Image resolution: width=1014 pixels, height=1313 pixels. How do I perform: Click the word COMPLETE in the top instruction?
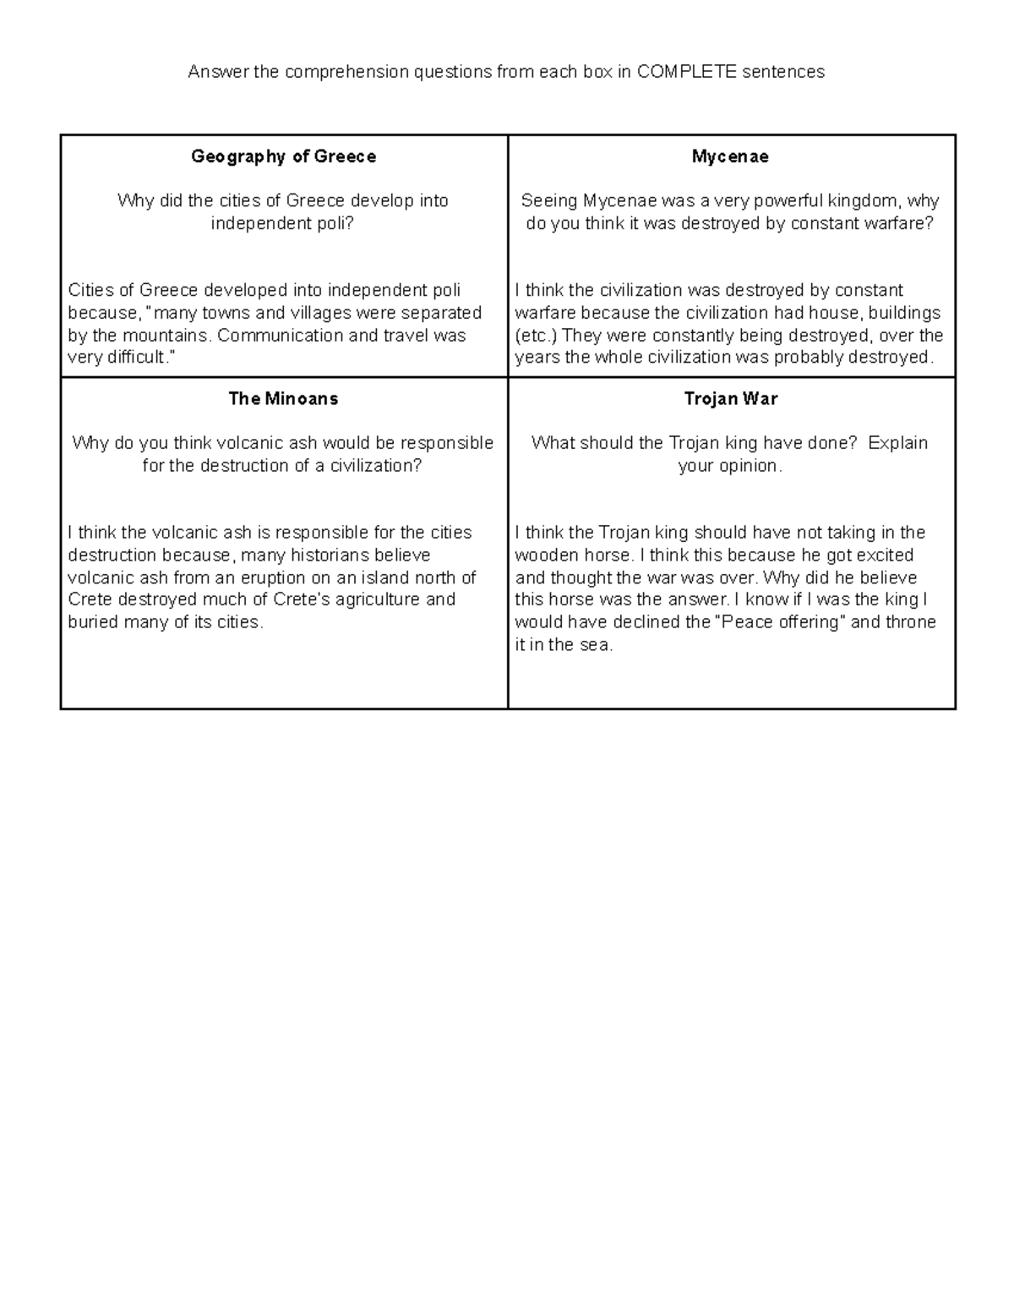[x=687, y=72]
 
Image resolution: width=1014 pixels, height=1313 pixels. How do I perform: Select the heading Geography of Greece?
[x=283, y=156]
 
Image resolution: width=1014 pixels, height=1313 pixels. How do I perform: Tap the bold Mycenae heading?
[x=730, y=156]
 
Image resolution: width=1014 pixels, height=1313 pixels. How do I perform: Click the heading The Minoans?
[x=283, y=399]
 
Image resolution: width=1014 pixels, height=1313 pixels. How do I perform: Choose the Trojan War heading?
[x=730, y=399]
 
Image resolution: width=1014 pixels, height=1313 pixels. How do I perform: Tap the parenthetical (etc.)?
[x=537, y=335]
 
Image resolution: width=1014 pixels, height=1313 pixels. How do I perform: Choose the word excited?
[x=885, y=555]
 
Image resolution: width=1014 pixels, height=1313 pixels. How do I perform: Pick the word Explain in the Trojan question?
[x=897, y=444]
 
